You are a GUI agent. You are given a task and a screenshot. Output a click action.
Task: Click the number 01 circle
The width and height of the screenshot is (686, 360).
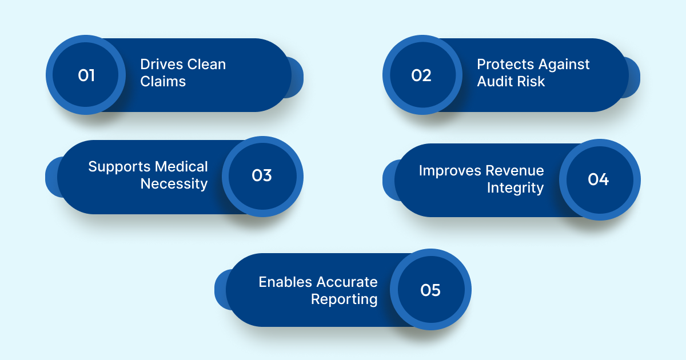(86, 75)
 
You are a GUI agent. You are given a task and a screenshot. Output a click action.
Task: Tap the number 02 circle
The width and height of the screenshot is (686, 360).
(422, 75)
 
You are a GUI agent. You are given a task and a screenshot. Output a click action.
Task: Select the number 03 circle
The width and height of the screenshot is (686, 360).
(262, 176)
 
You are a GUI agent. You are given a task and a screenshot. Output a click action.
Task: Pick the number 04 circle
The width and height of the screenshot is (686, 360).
(599, 179)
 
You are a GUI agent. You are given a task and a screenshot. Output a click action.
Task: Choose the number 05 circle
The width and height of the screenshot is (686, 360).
(430, 290)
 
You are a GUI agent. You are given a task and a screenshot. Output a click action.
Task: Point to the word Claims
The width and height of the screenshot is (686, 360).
(163, 82)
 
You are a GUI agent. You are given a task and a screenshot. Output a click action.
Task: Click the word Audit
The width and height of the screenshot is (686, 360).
(493, 82)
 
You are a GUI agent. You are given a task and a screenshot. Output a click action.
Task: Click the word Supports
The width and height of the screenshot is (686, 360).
(117, 167)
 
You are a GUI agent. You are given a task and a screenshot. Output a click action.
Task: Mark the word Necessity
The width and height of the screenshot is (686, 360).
(174, 184)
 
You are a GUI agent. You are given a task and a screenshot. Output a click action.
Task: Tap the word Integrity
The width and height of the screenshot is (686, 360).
(515, 187)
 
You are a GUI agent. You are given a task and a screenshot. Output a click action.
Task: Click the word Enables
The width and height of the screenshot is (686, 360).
(285, 282)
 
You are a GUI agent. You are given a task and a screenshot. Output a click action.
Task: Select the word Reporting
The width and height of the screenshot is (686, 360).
(344, 299)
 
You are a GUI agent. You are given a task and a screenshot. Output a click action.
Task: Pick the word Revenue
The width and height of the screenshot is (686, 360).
(515, 170)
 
